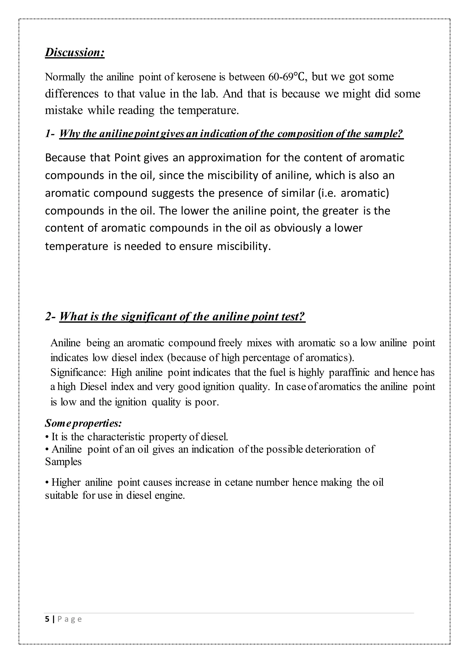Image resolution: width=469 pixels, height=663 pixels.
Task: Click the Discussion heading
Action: pyautogui.click(x=74, y=53)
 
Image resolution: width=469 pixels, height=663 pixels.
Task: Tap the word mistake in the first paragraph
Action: pyautogui.click(x=63, y=110)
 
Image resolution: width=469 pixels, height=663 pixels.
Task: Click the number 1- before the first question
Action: pyautogui.click(x=50, y=134)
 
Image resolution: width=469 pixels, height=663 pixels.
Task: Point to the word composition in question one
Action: pyautogui.click(x=304, y=134)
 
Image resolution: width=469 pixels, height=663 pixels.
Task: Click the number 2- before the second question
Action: pyautogui.click(x=50, y=317)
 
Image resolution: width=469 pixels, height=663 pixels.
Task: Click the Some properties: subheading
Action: pyautogui.click(x=83, y=423)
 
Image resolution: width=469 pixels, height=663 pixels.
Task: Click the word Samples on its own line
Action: pyautogui.click(x=63, y=462)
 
